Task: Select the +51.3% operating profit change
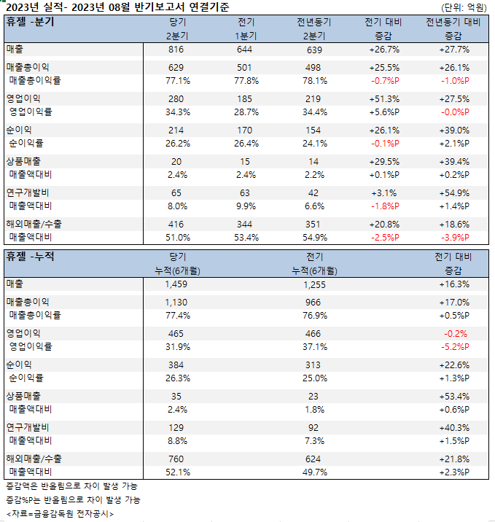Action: pyautogui.click(x=383, y=98)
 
